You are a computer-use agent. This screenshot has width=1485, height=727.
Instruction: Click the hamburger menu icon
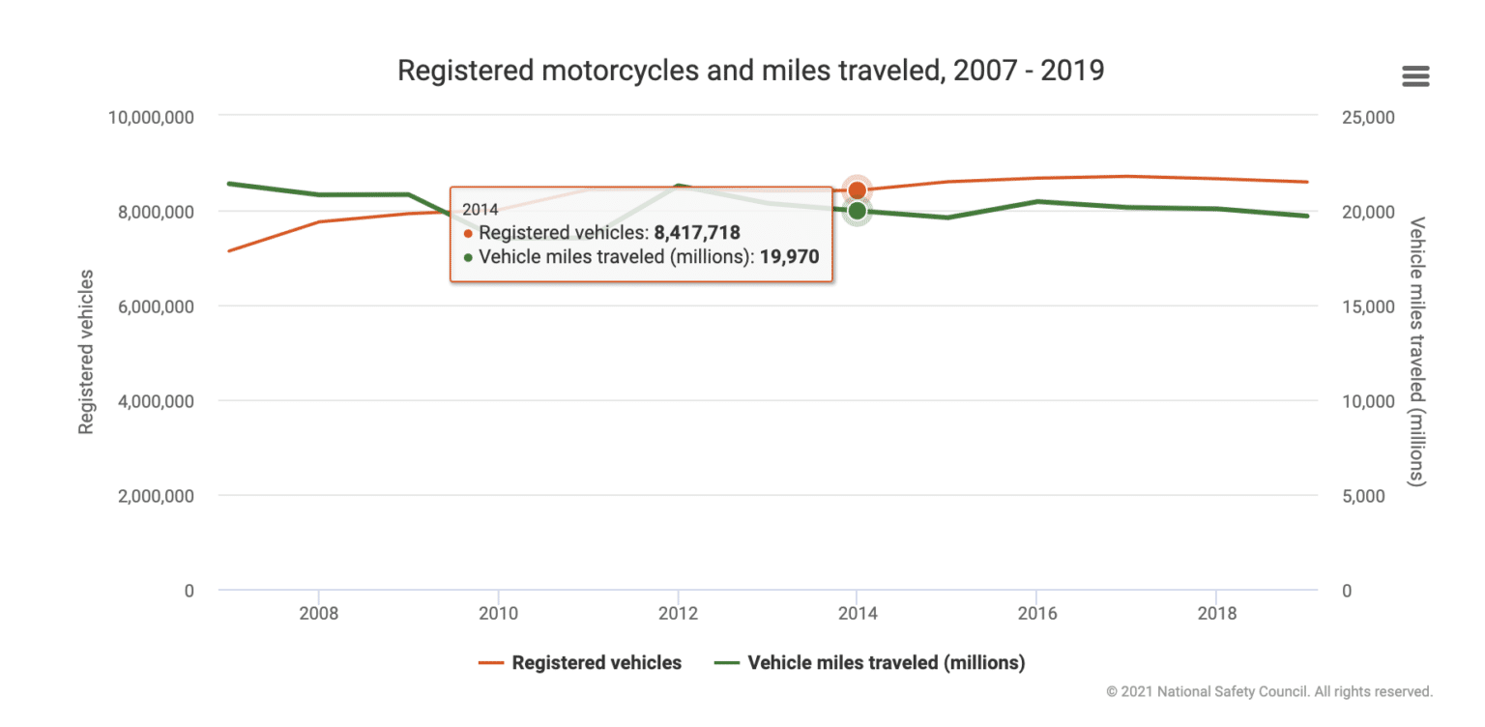(1415, 76)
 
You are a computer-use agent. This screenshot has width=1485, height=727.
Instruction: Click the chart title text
(750, 71)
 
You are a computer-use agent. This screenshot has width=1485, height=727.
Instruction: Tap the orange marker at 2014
(857, 190)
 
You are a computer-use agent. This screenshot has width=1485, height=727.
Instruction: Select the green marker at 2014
(857, 211)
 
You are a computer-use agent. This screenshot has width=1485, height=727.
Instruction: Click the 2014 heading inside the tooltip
(480, 209)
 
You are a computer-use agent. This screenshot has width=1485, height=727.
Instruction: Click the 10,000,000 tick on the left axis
(152, 117)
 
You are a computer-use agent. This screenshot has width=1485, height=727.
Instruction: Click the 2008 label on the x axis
(318, 615)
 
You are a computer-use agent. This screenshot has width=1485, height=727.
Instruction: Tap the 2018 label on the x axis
(1215, 615)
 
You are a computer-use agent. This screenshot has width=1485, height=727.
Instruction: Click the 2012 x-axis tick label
(678, 615)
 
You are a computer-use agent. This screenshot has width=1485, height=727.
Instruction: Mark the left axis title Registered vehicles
(86, 352)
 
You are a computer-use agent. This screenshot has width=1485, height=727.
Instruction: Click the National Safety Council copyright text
(1269, 692)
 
